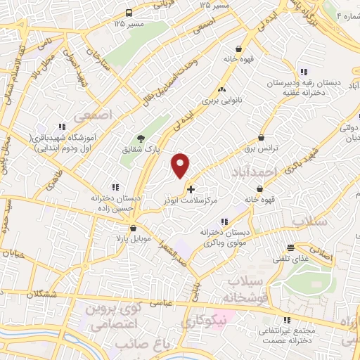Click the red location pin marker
181,166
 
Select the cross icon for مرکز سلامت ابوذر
191,190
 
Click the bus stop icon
128,13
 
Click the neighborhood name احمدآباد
259,171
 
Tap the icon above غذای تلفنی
291,247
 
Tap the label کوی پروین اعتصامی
116,316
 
